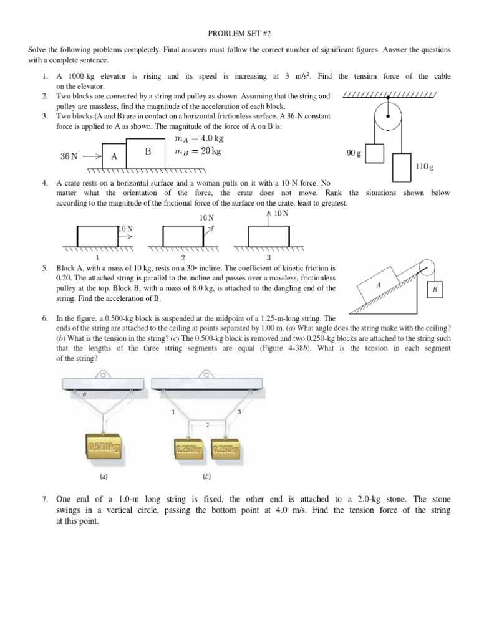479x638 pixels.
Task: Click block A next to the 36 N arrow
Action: coord(114,156)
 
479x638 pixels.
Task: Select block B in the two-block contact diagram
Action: coord(148,151)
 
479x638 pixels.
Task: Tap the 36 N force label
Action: coord(69,156)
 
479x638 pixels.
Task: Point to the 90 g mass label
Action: coord(353,153)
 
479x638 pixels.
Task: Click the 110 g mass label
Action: coord(424,168)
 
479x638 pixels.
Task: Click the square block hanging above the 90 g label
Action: coord(375,153)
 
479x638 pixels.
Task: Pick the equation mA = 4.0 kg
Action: coord(196,138)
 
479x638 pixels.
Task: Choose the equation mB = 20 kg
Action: coord(197,151)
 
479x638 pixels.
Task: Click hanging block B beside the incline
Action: coord(434,290)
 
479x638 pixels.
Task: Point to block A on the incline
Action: coord(379,283)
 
